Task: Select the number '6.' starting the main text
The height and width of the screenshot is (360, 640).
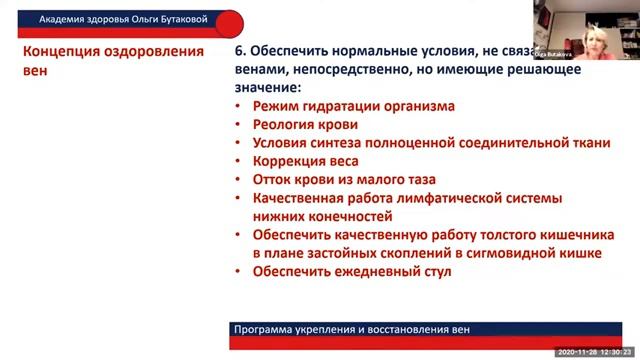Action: click(240, 51)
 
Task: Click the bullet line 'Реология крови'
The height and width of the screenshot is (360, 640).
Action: click(305, 125)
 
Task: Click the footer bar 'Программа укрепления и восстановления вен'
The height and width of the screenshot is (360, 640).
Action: click(350, 329)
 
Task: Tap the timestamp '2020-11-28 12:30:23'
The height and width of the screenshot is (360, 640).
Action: click(594, 352)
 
